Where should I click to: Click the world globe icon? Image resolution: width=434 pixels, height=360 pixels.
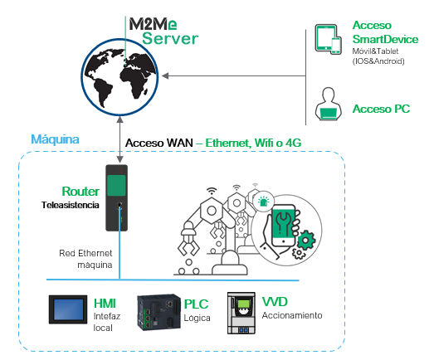tap(119, 76)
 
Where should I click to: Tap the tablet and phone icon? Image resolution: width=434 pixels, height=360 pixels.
tap(328, 39)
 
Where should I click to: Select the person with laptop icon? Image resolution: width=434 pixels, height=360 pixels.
tap(329, 104)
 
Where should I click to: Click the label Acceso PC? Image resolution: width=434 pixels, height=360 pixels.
tap(381, 109)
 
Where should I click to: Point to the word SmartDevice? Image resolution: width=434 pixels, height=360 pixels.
tap(385, 39)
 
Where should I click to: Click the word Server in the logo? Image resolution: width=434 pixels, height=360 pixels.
tap(170, 38)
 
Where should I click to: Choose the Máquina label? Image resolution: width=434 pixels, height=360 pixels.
tap(55, 139)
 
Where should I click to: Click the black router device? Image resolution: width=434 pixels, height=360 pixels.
tap(116, 198)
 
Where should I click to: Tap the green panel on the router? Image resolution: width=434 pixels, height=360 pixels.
tap(116, 186)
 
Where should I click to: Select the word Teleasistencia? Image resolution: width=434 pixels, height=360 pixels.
tap(71, 205)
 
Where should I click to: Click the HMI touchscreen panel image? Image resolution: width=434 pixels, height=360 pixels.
tap(68, 309)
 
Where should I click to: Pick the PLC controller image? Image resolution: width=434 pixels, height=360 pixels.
tap(158, 312)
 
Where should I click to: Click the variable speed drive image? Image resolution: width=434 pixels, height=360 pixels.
tap(241, 313)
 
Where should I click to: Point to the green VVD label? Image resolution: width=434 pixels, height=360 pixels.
tap(275, 302)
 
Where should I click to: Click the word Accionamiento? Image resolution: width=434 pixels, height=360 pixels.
tap(292, 315)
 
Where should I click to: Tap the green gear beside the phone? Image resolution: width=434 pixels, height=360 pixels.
tap(306, 241)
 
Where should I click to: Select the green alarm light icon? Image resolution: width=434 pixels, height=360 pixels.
tap(264, 202)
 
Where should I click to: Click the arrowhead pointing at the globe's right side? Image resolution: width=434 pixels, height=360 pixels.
tap(165, 75)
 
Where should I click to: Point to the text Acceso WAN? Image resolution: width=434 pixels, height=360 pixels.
tap(159, 143)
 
